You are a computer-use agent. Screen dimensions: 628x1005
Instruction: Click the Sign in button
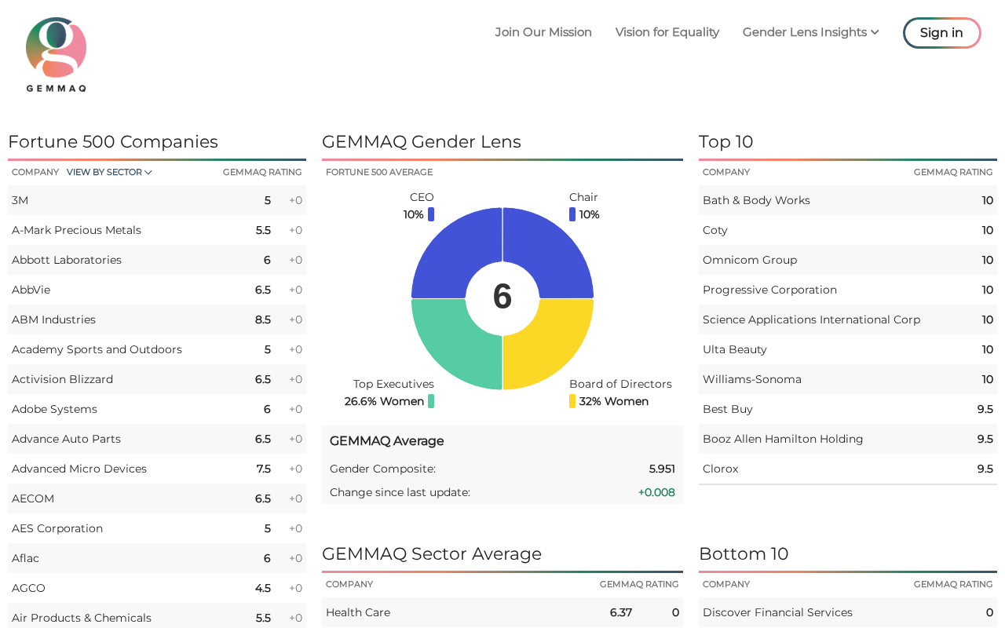(x=941, y=33)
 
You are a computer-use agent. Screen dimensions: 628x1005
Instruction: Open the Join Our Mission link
(x=543, y=32)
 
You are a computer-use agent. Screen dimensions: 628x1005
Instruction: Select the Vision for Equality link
(x=667, y=32)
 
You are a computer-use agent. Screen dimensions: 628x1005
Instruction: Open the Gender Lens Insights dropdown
(x=810, y=32)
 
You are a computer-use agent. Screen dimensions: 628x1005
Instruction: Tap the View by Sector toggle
(x=109, y=172)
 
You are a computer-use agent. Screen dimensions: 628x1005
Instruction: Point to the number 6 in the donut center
(x=502, y=297)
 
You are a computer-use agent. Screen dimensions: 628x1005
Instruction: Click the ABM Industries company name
(x=53, y=319)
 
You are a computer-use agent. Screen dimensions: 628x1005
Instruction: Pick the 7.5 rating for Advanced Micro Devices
(x=263, y=469)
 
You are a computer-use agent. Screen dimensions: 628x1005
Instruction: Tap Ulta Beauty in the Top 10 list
(x=735, y=349)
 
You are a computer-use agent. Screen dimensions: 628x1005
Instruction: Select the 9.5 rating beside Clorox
(x=985, y=469)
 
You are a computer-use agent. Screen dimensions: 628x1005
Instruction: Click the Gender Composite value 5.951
(x=662, y=469)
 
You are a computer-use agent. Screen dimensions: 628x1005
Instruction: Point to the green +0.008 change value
(x=656, y=492)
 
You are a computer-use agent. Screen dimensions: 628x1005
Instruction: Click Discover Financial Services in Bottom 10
(x=777, y=612)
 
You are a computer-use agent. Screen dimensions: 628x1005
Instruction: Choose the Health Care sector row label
(x=358, y=612)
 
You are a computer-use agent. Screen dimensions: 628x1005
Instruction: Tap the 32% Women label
(x=614, y=401)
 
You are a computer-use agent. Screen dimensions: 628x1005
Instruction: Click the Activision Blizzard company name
(x=62, y=379)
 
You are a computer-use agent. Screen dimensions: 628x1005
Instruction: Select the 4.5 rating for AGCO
(x=263, y=588)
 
